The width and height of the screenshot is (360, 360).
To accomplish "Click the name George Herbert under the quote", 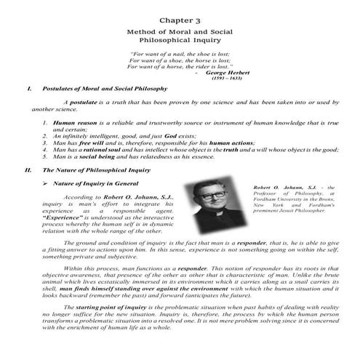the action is tap(228, 73).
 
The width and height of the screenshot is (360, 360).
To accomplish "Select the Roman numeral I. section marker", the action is tap(27, 88).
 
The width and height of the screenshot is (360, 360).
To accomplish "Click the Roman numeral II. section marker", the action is tap(28, 169).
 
